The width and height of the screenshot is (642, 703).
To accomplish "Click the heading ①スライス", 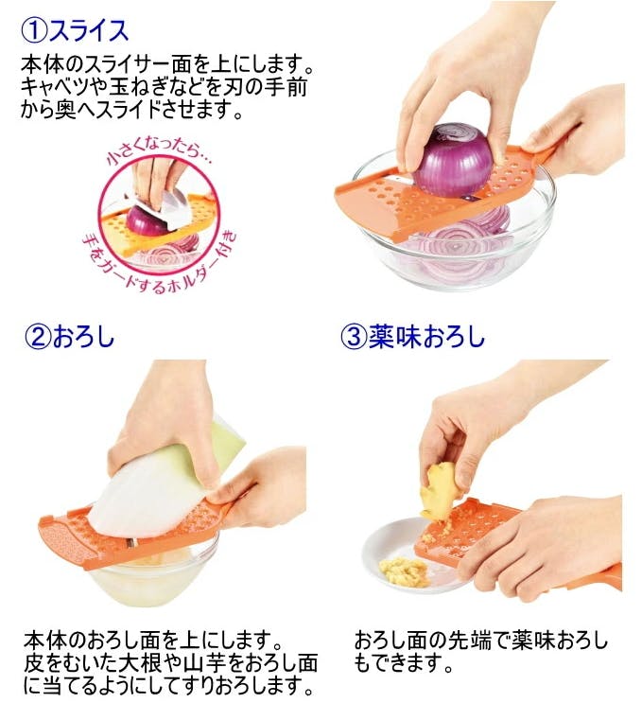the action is [76, 31].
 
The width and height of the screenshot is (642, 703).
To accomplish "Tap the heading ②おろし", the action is [70, 336].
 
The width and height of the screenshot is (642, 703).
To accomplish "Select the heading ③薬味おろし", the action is [412, 336].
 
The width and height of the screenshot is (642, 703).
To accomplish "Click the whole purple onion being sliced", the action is [453, 161].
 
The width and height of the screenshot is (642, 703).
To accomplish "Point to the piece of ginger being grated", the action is [439, 492].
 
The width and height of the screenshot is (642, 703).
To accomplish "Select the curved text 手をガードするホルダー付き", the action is [163, 265].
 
